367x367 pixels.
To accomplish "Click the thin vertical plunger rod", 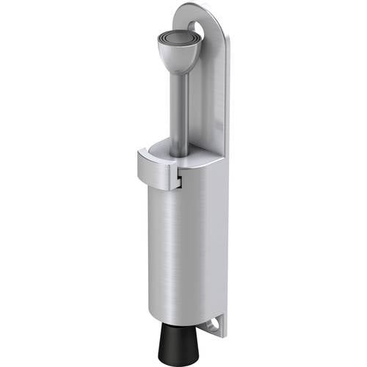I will point(182,110).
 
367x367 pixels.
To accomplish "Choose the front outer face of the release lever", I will point(154,175).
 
